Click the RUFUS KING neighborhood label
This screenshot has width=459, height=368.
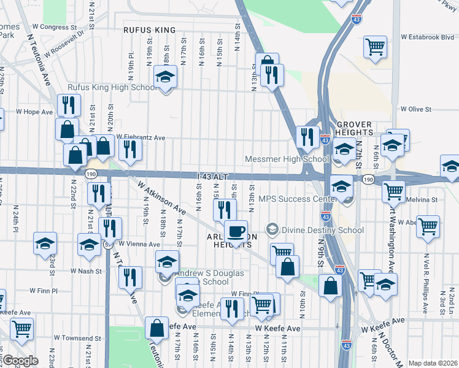point(149,30)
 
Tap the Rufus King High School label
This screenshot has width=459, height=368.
point(112,88)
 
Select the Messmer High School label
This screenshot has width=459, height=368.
point(287,159)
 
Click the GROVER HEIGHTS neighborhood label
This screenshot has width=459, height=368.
point(355,128)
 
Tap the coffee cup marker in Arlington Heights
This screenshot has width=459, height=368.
point(235,231)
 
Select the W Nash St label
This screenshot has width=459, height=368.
point(85,270)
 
